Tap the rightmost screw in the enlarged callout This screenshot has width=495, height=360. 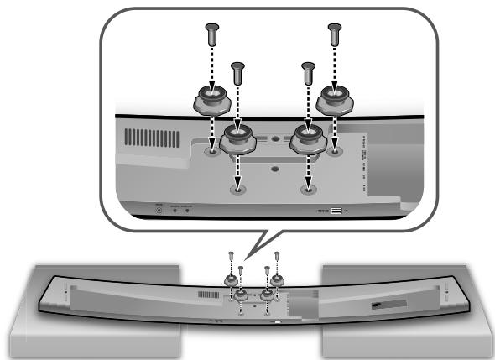pyautogui.click(x=334, y=36)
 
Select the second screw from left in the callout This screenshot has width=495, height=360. pyautogui.click(x=237, y=76)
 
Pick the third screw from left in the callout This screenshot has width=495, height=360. pyautogui.click(x=307, y=76)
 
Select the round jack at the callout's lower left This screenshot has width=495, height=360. pyautogui.click(x=160, y=210)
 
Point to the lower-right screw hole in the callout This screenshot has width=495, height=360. pyautogui.click(x=306, y=190)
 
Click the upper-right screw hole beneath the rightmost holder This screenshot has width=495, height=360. pyautogui.click(x=334, y=152)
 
